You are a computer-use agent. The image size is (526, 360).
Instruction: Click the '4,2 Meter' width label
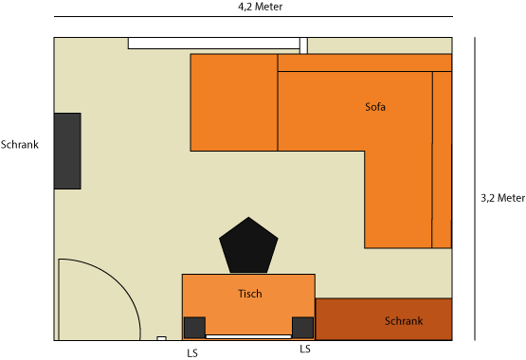coord(260,7)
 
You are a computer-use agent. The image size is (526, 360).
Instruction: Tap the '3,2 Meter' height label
coord(502,198)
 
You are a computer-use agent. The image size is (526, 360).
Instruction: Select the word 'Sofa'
coord(375,107)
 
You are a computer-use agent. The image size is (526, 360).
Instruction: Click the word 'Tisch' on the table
coord(250,294)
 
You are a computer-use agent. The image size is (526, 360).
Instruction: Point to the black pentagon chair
coord(248,245)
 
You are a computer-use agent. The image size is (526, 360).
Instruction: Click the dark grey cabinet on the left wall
coord(67,151)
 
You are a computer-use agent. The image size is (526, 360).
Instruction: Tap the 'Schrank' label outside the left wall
coord(20,145)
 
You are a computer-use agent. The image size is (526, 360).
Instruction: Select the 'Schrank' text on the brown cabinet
coord(404,321)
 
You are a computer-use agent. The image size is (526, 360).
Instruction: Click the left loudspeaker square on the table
coord(194,328)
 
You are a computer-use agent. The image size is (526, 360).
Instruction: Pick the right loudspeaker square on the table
coord(302,328)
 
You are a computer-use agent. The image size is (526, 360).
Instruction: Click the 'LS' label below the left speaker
coord(192,353)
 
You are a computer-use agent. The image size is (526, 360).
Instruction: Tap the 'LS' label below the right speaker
coord(305,349)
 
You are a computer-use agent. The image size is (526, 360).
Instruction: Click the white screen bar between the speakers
coord(248,336)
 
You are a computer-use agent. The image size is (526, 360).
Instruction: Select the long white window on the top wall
coord(213,44)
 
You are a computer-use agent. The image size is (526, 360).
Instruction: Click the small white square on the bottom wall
coord(162,338)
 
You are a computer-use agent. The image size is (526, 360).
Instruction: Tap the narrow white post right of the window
coord(303,45)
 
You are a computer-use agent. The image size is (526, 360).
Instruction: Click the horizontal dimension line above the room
coord(253,16)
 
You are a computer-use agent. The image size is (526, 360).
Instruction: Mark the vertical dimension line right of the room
coord(475,189)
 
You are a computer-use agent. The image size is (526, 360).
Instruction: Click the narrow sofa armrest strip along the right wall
coord(442,159)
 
